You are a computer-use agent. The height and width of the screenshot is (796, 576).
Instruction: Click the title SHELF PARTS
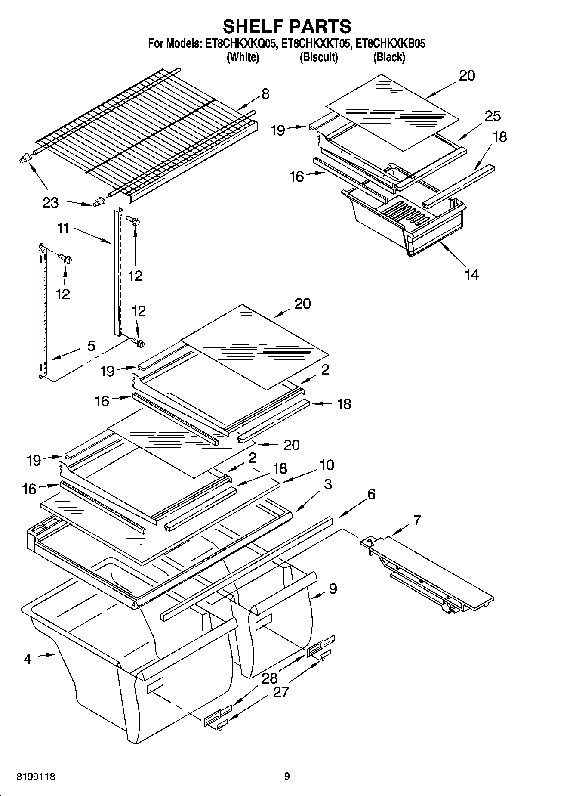pos(287,27)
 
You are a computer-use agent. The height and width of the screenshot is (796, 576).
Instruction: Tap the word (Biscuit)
pos(318,57)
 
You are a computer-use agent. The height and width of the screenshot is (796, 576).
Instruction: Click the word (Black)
pos(389,57)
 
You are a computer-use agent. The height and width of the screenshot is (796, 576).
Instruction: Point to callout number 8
pos(265,93)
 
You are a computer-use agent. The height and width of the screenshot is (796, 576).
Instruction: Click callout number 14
pos(471,274)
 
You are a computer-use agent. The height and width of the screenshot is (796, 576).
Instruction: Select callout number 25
pos(493,116)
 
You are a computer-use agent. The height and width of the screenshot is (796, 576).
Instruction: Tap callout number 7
pos(417,520)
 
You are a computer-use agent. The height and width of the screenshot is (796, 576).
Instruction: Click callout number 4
pos(28,659)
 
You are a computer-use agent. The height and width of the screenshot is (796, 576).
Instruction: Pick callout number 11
pos(63,229)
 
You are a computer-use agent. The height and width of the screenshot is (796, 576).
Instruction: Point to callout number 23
pos(50,202)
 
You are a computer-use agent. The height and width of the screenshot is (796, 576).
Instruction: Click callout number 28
pos(270,678)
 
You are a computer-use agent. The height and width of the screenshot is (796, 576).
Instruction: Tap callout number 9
pos(333,589)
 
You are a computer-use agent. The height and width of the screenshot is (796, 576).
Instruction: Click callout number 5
pos(91,345)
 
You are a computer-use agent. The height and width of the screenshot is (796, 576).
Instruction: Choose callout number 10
pos(327,465)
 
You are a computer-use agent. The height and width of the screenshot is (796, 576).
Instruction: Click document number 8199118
pos(36,777)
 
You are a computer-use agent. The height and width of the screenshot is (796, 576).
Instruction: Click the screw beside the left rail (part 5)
pos(66,259)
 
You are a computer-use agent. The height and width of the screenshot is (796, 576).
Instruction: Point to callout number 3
pos(328,484)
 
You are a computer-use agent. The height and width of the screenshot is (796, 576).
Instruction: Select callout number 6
pos(371,494)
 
